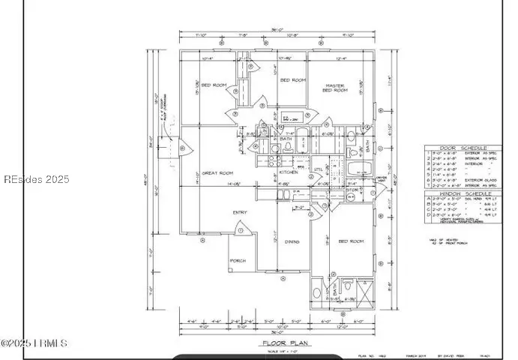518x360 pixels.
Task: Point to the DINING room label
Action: (292, 241)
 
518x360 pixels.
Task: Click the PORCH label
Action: (238, 261)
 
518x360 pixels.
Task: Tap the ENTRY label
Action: (240, 212)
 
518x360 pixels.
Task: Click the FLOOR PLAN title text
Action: (281, 343)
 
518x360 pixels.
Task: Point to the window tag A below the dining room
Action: (283, 277)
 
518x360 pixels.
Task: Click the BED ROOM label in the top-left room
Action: (214, 85)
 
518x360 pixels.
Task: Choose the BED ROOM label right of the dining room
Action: (352, 241)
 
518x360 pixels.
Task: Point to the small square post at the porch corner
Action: (231, 271)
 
